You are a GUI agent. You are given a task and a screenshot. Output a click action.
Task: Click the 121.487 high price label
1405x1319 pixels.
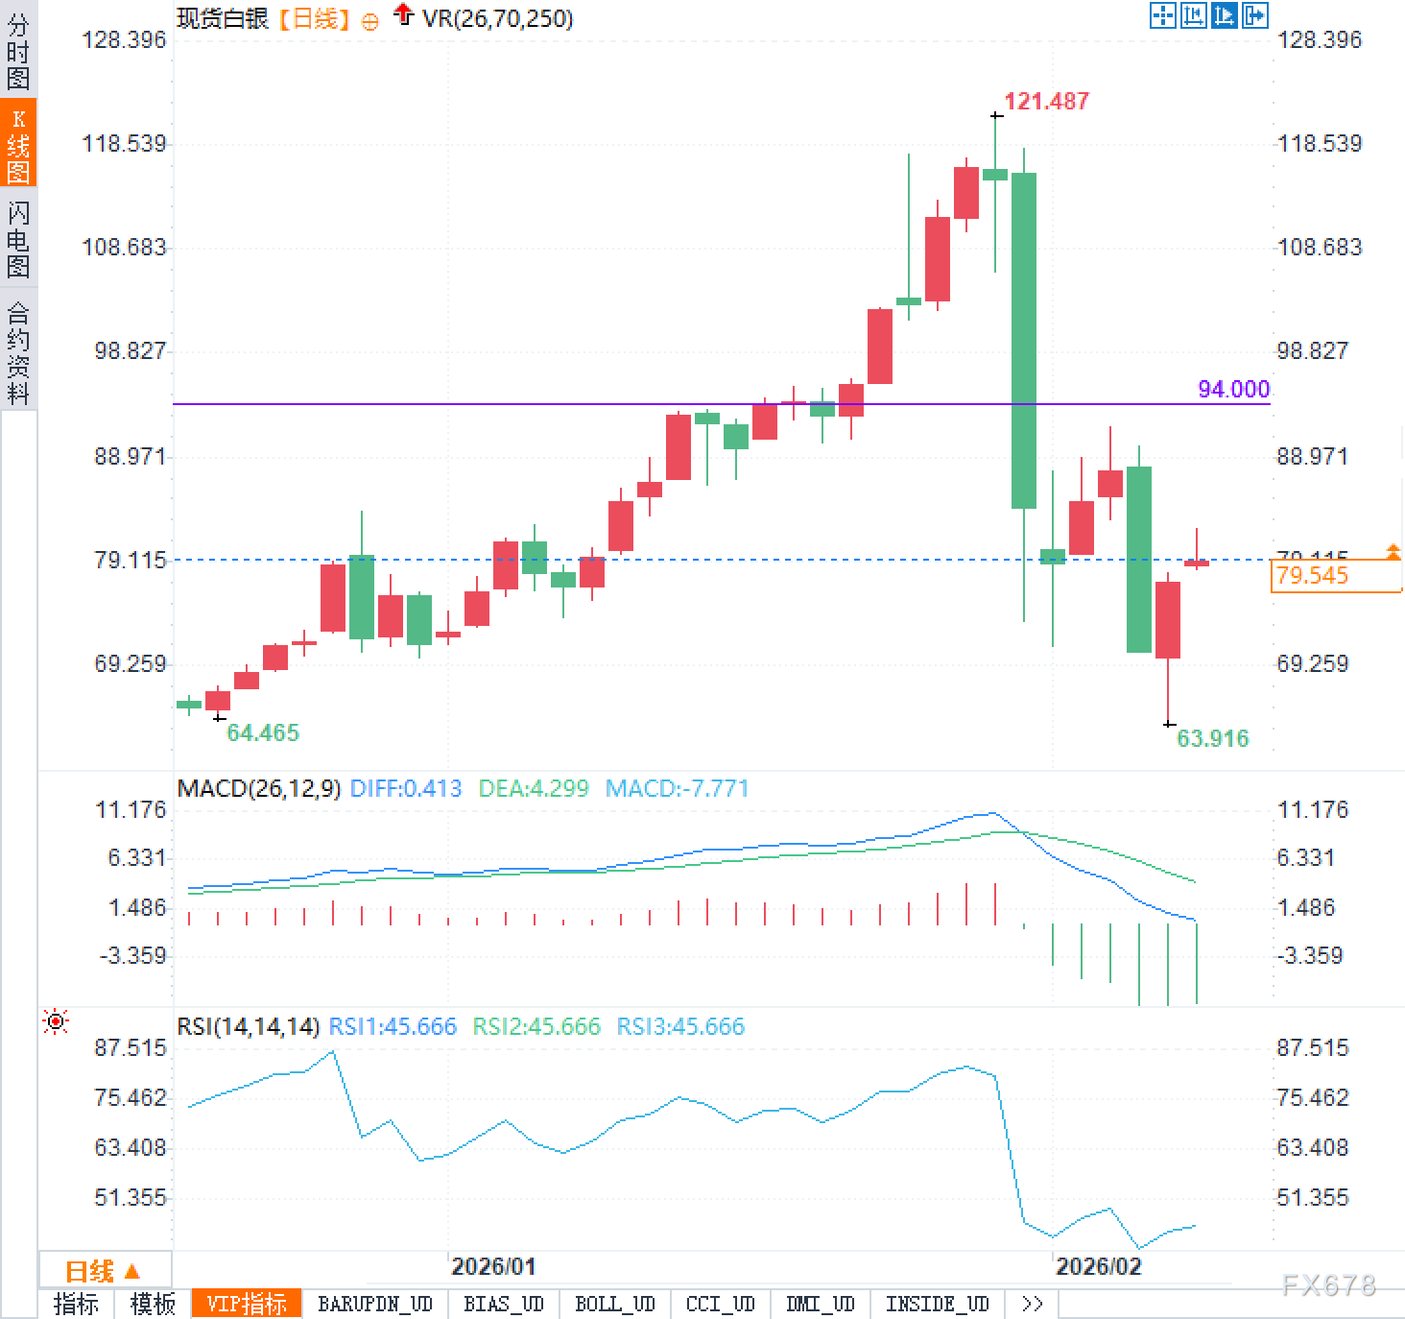(x=1046, y=101)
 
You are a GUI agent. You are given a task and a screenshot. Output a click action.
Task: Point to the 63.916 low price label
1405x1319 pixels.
(x=1212, y=738)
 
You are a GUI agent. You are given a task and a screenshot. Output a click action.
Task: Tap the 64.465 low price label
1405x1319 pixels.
(x=262, y=732)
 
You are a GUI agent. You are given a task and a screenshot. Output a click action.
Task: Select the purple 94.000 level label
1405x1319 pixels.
(x=1233, y=389)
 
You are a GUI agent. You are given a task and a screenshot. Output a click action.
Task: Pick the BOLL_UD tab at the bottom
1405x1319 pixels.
(x=614, y=1304)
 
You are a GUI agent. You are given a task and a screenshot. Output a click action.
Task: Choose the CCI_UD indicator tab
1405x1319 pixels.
(x=720, y=1304)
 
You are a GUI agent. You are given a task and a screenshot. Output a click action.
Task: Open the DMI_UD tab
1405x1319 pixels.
(x=820, y=1304)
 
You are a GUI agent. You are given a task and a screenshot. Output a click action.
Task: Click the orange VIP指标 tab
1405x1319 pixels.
(x=247, y=1304)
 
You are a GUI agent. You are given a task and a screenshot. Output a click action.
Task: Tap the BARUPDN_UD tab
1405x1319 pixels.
(x=375, y=1304)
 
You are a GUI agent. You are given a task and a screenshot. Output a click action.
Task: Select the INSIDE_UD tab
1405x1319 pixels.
(x=937, y=1304)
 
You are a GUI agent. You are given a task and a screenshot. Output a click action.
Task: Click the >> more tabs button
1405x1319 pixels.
(x=1032, y=1304)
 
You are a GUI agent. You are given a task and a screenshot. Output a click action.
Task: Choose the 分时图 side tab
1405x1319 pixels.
(x=18, y=50)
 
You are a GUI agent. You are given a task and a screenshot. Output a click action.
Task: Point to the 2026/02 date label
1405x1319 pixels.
(x=1099, y=1266)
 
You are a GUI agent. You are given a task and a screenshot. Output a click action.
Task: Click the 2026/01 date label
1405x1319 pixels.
(x=493, y=1266)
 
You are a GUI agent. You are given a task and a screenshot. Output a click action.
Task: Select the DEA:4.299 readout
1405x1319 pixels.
(x=533, y=789)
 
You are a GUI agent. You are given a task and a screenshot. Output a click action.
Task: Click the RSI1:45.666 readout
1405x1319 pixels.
(x=393, y=1026)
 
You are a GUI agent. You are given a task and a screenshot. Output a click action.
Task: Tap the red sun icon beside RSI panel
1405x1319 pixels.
(x=56, y=1022)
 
